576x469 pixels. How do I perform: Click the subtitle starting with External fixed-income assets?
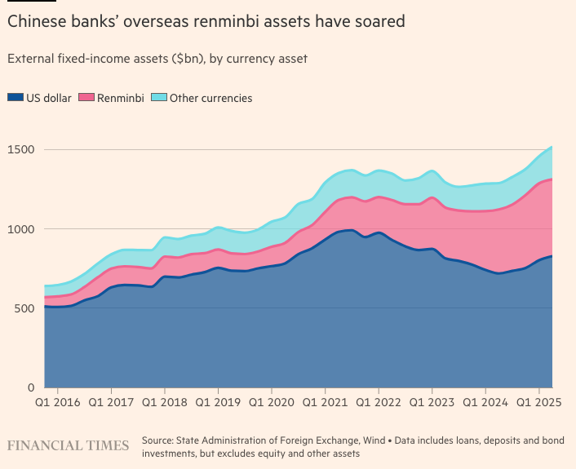[x=157, y=59]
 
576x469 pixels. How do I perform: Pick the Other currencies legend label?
[x=210, y=98]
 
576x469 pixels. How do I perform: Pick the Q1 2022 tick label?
[x=378, y=402]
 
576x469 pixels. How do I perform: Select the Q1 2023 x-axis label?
[x=432, y=402]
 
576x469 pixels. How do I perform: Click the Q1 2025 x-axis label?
[x=538, y=402]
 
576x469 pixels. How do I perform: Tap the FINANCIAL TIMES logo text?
[x=68, y=445]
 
